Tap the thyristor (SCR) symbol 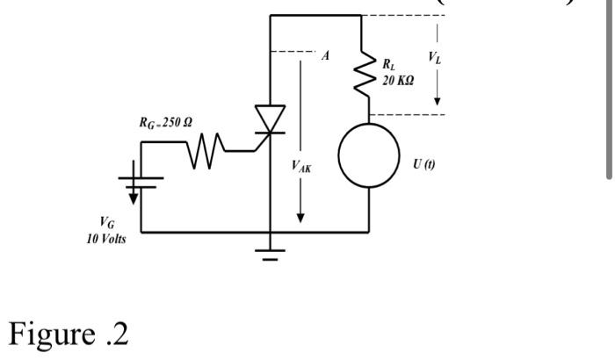pyautogui.click(x=270, y=121)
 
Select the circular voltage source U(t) pyautogui.click(x=368, y=156)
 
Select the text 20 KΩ pyautogui.click(x=398, y=80)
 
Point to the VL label pyautogui.click(x=436, y=57)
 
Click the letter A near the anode pyautogui.click(x=326, y=55)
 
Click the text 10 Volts pyautogui.click(x=105, y=240)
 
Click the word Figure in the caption pyautogui.click(x=51, y=334)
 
